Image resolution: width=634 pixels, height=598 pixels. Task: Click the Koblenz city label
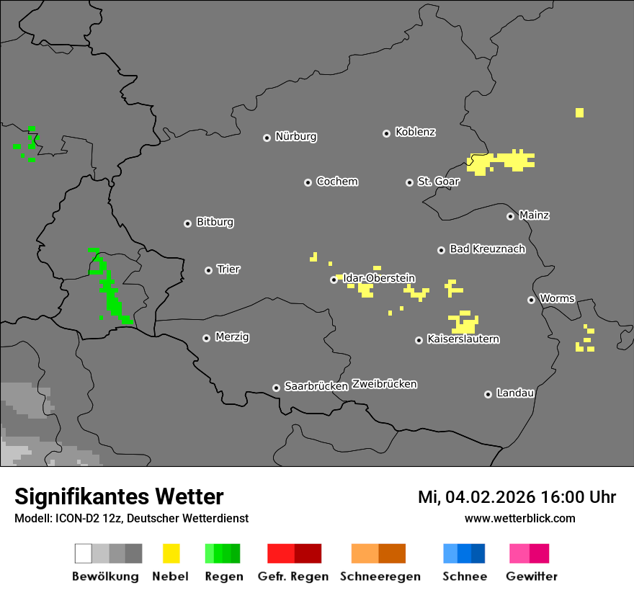(416, 133)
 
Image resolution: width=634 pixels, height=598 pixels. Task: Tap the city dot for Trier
(209, 270)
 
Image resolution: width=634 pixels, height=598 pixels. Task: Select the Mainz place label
(534, 215)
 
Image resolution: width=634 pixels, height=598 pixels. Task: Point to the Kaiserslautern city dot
(419, 340)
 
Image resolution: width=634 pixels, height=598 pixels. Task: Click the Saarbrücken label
(316, 386)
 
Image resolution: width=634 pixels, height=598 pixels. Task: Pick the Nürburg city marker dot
(267, 138)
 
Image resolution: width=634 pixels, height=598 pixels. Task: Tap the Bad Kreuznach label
(487, 249)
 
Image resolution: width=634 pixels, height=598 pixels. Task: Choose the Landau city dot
(488, 394)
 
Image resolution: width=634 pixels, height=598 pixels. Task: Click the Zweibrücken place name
(384, 384)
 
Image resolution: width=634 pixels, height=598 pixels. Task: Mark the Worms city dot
(531, 300)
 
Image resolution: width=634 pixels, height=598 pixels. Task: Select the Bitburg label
(215, 223)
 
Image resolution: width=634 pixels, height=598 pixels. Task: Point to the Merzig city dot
(206, 338)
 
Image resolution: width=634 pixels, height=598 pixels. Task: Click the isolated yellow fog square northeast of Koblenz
(579, 112)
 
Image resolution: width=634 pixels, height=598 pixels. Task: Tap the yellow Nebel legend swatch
(171, 553)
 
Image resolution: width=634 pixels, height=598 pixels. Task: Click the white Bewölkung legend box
(84, 553)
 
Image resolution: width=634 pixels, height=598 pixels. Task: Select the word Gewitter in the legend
(532, 576)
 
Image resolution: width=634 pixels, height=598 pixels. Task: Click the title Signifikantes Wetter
(119, 496)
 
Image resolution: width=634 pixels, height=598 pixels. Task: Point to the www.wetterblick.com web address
(519, 518)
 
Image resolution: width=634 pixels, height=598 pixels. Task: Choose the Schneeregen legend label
(380, 576)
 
